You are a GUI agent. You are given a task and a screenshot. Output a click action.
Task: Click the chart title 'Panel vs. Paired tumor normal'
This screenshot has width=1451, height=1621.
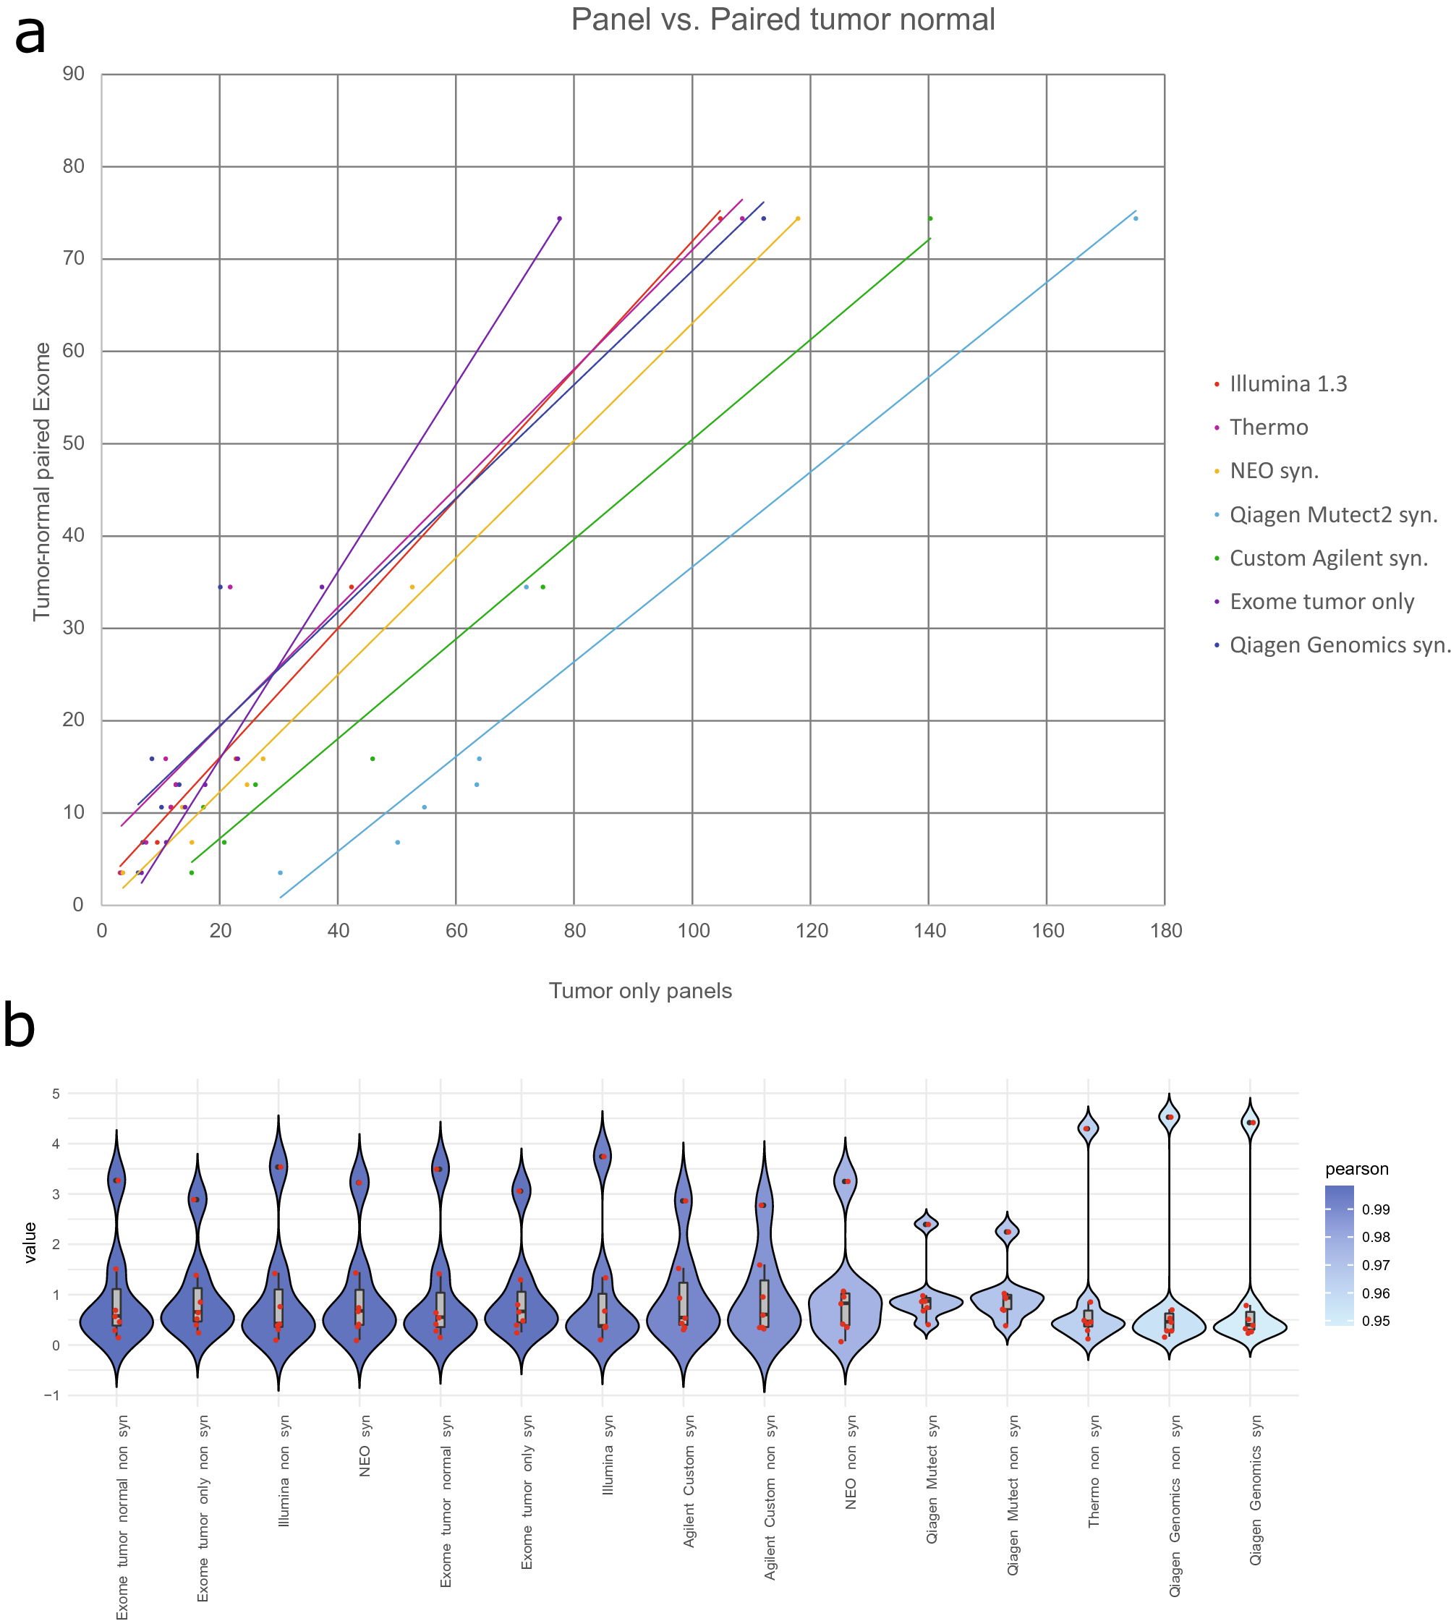782,20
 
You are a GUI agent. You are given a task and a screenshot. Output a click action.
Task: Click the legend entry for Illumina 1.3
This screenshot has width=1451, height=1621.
1287,384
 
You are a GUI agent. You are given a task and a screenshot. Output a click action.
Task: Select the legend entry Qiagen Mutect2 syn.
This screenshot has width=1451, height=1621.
1332,515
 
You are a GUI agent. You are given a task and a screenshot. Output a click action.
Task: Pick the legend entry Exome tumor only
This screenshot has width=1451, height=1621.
1321,602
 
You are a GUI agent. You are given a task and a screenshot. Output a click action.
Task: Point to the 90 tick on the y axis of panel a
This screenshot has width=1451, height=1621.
73,75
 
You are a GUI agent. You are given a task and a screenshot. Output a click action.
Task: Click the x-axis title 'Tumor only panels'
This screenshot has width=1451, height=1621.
640,991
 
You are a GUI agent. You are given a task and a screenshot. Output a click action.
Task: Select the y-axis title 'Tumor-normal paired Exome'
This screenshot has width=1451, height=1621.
41,482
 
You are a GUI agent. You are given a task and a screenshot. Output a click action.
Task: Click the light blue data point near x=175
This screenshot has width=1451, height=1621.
1136,218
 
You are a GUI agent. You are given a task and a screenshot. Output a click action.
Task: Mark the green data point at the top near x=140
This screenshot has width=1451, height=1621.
929,218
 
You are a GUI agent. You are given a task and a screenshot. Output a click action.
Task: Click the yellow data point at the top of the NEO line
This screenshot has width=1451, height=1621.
797,218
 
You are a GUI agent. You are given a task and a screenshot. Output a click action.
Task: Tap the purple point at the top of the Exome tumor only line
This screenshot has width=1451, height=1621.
559,218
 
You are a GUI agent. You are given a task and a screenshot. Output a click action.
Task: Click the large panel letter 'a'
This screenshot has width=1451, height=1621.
30,36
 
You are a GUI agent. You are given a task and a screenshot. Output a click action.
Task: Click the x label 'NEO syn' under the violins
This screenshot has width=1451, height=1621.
365,1447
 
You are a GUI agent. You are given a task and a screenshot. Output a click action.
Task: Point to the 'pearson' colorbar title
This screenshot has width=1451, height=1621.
1356,1170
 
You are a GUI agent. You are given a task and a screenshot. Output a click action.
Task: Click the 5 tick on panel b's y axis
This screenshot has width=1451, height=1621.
56,1094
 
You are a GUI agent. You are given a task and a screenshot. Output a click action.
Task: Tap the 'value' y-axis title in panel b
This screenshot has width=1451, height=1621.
31,1242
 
